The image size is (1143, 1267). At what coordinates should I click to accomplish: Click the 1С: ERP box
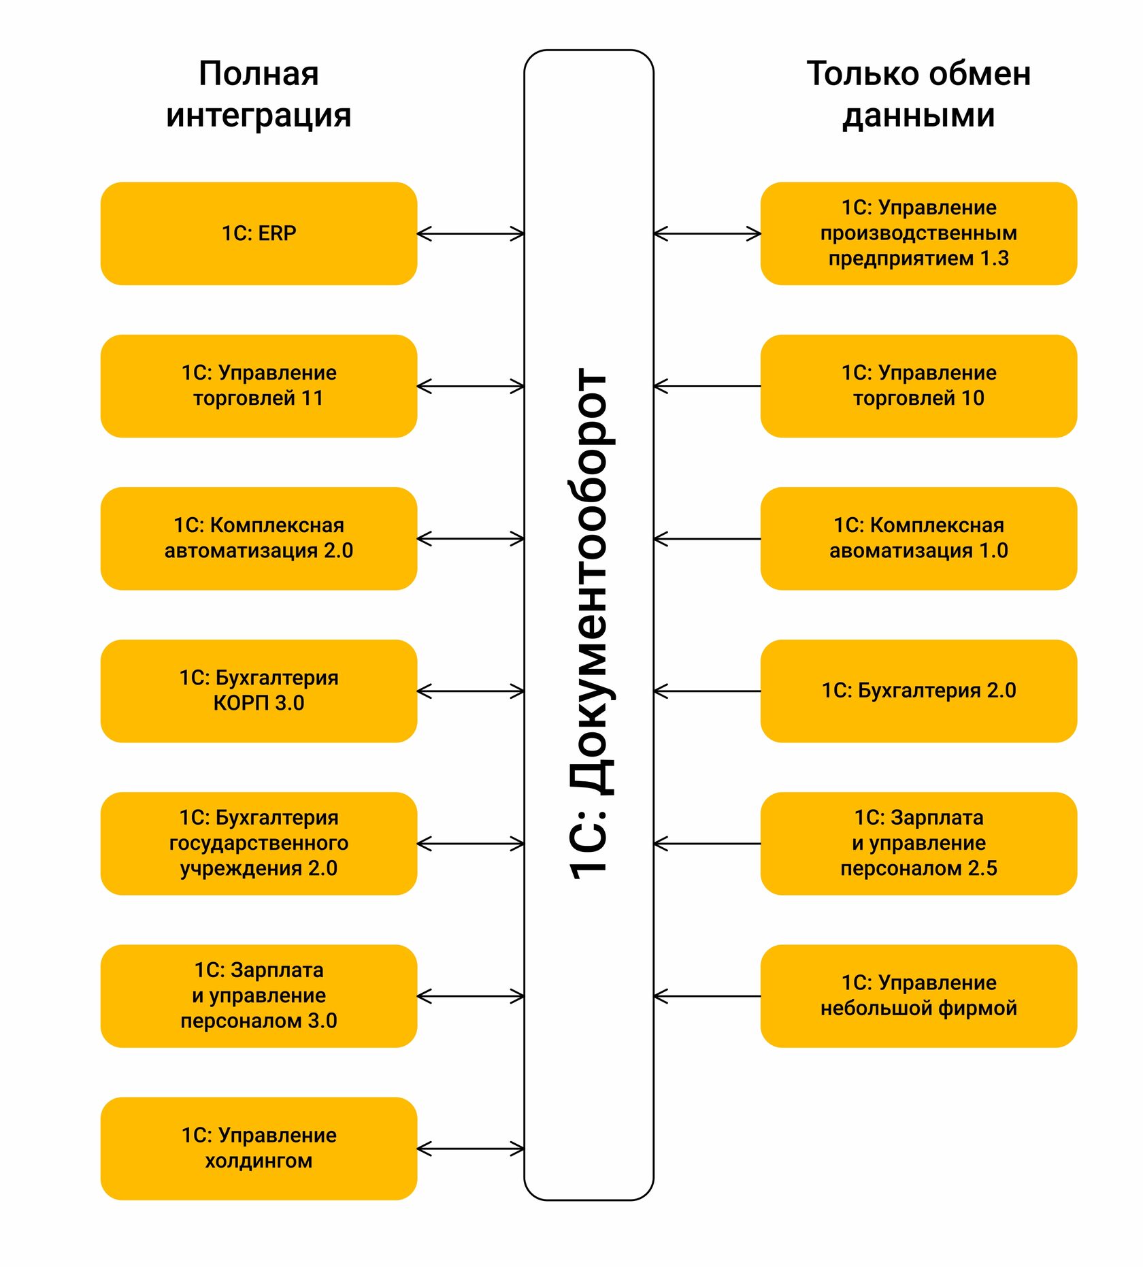(259, 233)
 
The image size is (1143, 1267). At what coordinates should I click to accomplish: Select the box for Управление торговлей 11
(259, 386)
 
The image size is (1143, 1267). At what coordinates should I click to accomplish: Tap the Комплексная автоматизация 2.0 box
(259, 538)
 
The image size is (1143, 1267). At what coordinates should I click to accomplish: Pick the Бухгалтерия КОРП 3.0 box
(259, 691)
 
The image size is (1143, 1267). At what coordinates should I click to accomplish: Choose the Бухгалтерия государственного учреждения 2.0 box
(259, 843)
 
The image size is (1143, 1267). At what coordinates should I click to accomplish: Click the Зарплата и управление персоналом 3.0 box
(259, 995)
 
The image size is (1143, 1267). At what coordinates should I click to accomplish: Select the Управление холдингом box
(259, 1148)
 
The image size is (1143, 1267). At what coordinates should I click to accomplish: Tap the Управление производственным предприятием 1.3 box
(918, 233)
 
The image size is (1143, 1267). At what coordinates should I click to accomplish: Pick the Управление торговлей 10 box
(918, 386)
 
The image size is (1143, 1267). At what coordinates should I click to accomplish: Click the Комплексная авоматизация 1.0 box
(918, 538)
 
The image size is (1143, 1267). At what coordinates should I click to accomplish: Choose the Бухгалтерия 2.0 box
(918, 691)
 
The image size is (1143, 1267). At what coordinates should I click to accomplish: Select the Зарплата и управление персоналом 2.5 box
(918, 843)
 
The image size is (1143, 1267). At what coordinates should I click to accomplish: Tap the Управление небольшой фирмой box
(918, 995)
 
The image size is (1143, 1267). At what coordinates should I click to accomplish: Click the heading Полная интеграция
(259, 94)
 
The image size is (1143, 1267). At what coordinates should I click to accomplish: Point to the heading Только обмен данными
(918, 94)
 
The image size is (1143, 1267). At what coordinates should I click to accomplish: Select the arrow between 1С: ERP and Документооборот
(470, 234)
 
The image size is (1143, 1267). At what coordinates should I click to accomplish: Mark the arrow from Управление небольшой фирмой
(707, 996)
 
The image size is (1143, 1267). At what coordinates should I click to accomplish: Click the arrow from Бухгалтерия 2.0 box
(707, 691)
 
